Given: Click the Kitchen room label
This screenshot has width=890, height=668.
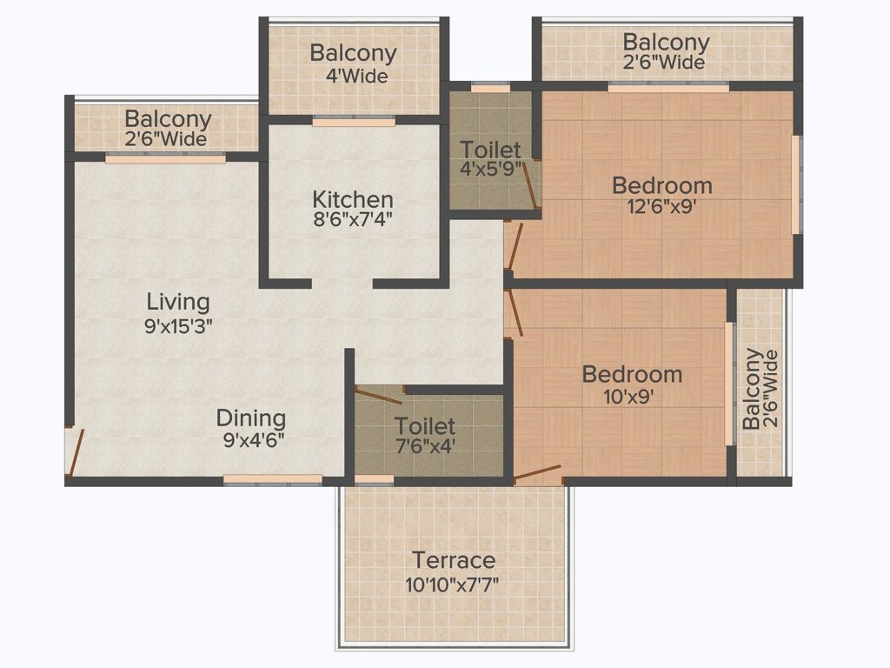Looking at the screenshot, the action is point(353,199).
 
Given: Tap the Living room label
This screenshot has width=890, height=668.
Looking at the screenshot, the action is point(178,302).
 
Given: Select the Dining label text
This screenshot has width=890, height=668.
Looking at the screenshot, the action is point(251,418).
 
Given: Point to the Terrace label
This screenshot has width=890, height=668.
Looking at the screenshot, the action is point(454,560).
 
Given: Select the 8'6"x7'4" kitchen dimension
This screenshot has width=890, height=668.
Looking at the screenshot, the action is point(353,219).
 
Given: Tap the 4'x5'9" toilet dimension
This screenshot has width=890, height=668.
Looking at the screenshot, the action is point(491,169).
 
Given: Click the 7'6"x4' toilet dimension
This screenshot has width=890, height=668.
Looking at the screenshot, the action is point(425,446).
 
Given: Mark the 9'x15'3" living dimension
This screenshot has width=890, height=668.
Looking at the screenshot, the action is point(178,326).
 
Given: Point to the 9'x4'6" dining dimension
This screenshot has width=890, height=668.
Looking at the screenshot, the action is point(254,440).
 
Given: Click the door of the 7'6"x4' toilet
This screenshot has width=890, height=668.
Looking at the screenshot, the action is point(379,396).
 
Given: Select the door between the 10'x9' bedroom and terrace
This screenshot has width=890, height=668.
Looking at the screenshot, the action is point(537,473).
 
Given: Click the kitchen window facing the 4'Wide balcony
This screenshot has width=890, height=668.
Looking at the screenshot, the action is point(354,122).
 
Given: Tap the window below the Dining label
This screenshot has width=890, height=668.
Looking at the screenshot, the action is point(272,480).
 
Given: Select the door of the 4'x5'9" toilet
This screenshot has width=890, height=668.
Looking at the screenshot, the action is point(530,184).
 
